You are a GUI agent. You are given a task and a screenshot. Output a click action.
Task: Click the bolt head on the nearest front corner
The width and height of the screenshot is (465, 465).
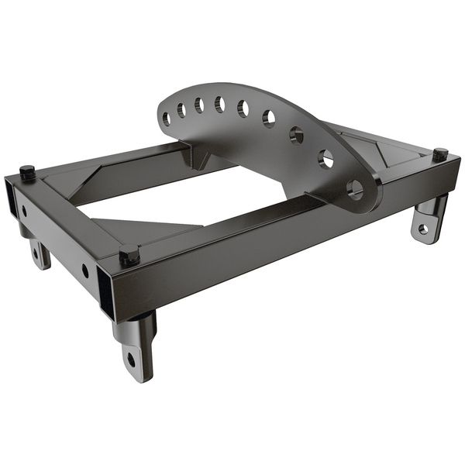pos(129,254)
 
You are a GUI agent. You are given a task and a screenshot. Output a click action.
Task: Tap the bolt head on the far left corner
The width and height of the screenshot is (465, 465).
pos(27,171)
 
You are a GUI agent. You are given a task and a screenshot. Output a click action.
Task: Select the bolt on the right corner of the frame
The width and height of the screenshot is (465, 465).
pos(440,153)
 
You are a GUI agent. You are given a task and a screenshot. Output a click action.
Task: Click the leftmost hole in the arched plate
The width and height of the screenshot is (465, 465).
pos(166,119)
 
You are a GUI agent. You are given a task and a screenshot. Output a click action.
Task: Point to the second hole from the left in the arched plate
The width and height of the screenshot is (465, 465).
pos(181,111)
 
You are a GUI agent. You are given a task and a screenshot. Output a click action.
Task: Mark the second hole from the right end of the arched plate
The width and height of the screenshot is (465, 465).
pos(326,159)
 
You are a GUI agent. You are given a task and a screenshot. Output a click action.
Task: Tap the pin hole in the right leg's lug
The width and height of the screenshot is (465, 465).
pos(422,229)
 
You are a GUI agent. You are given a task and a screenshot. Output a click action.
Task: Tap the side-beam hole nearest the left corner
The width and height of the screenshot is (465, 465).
pos(26,210)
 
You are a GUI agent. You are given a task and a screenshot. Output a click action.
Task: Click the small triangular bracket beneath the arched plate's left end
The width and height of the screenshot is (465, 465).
pos(201,159)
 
